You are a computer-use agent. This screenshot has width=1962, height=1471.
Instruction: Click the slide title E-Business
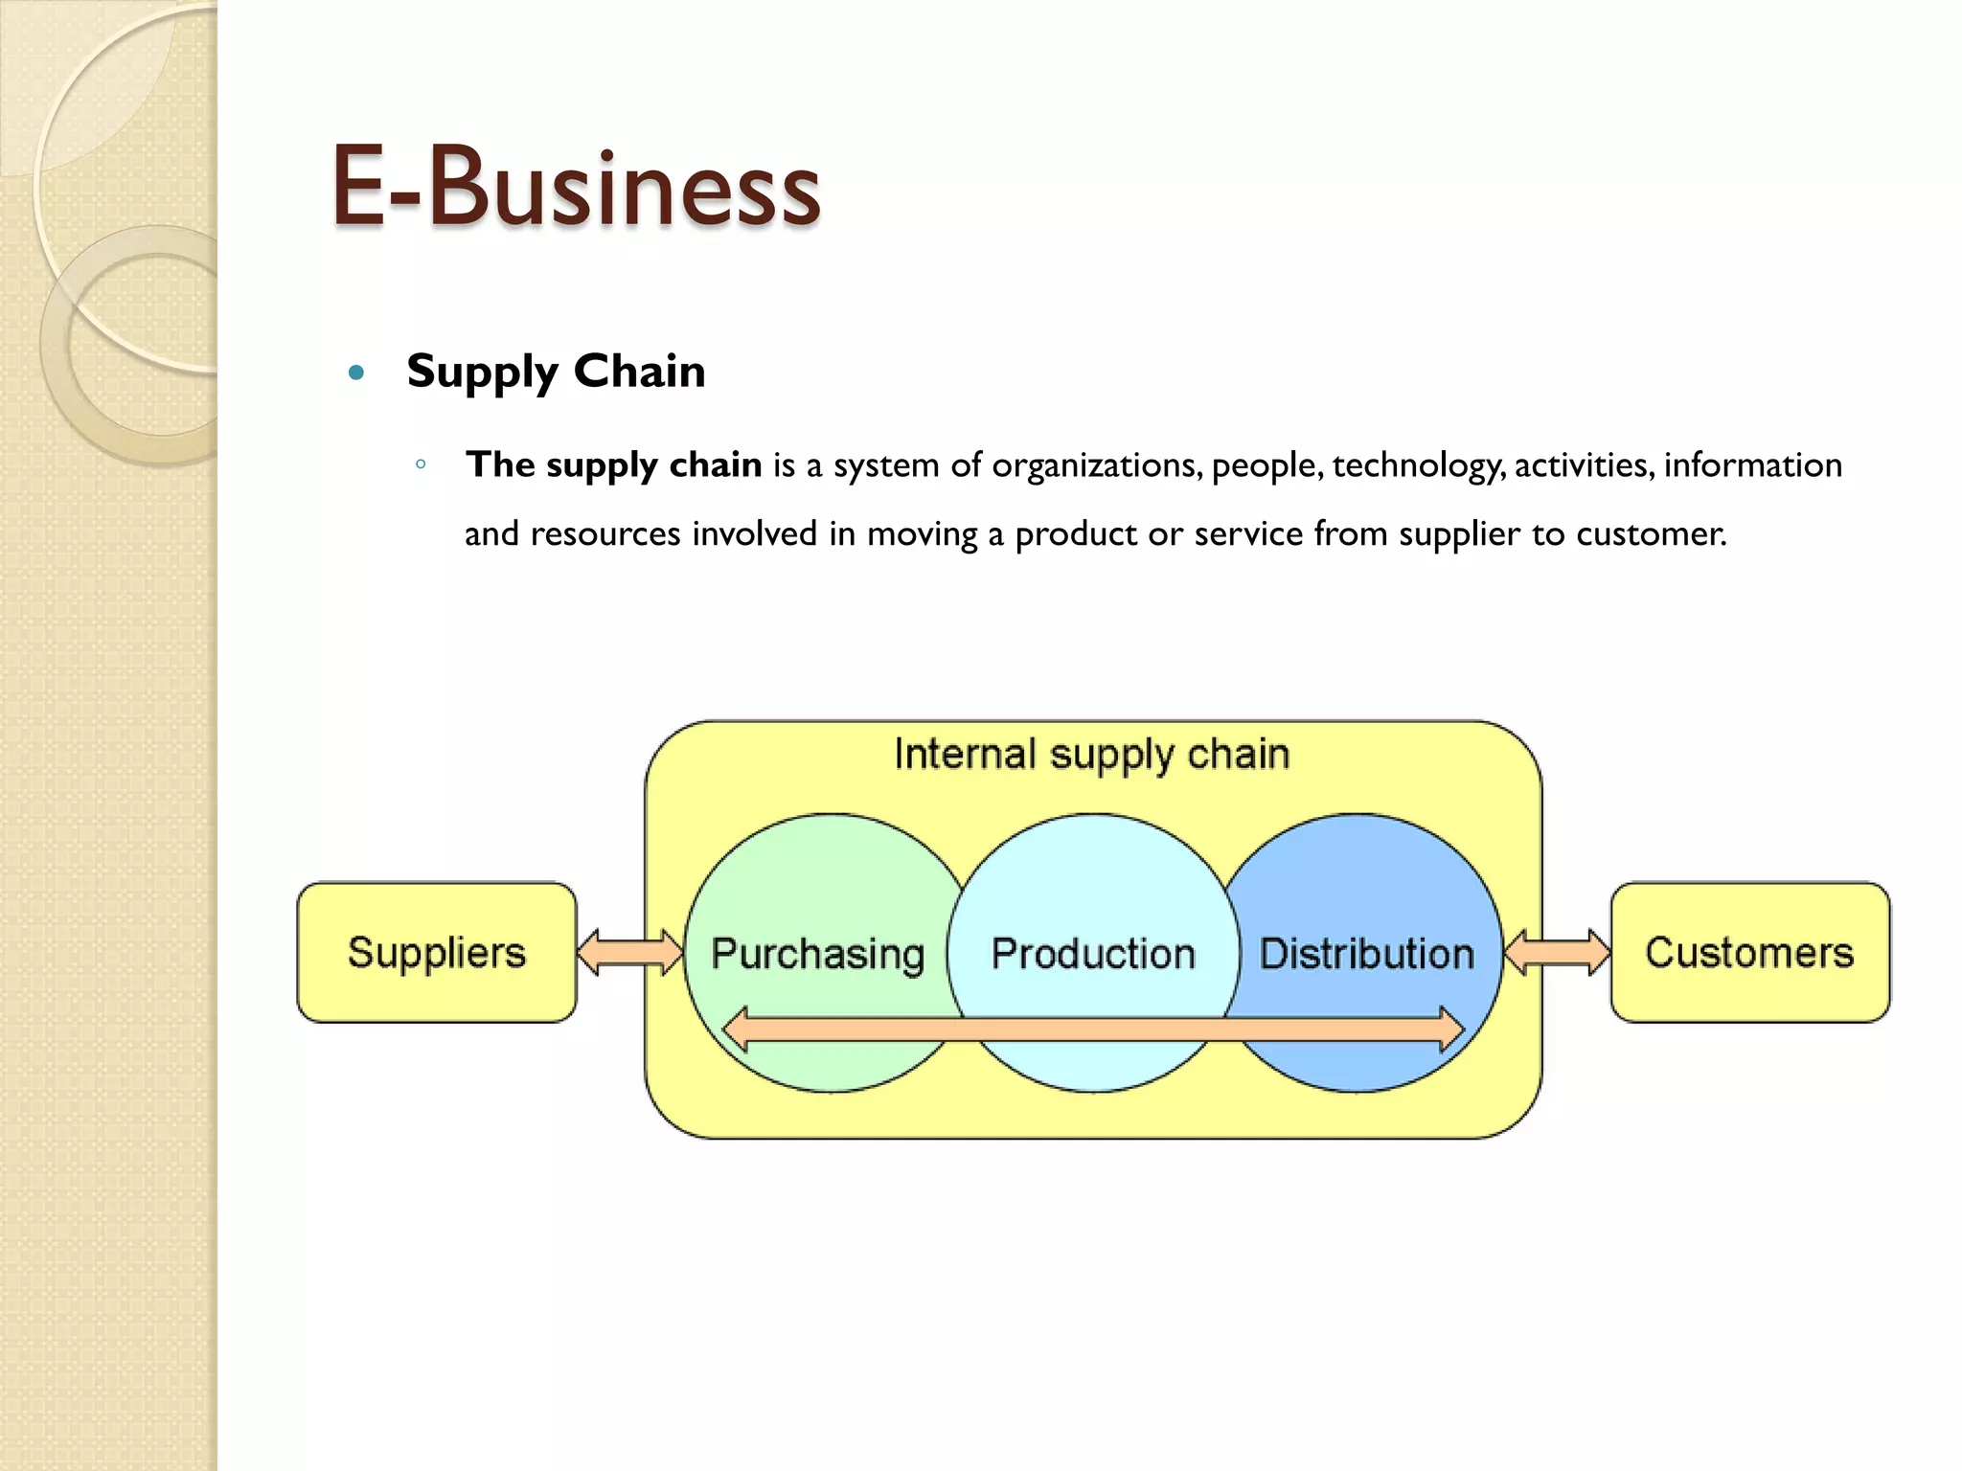tap(575, 187)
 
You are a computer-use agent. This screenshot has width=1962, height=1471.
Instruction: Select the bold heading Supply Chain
tap(556, 372)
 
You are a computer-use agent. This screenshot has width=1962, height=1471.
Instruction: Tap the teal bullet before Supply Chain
tap(357, 373)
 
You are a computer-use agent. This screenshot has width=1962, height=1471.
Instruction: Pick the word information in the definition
tap(1752, 465)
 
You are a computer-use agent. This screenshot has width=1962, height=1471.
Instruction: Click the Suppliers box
tap(437, 953)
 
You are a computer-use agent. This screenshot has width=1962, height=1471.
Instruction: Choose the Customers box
tap(1749, 953)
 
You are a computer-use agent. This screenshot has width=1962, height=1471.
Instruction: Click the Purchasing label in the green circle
tap(817, 954)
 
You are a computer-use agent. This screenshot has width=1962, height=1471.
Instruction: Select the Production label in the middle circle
tap(1093, 954)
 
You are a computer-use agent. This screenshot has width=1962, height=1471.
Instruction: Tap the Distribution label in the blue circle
tap(1366, 954)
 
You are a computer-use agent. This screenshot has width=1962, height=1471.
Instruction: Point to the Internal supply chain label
tap(1092, 755)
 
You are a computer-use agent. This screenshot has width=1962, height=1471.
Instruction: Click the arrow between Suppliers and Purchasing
tap(630, 953)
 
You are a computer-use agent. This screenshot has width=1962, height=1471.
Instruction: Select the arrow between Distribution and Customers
tap(1557, 953)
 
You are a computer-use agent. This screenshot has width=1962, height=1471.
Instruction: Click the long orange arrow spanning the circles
tap(1092, 1030)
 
